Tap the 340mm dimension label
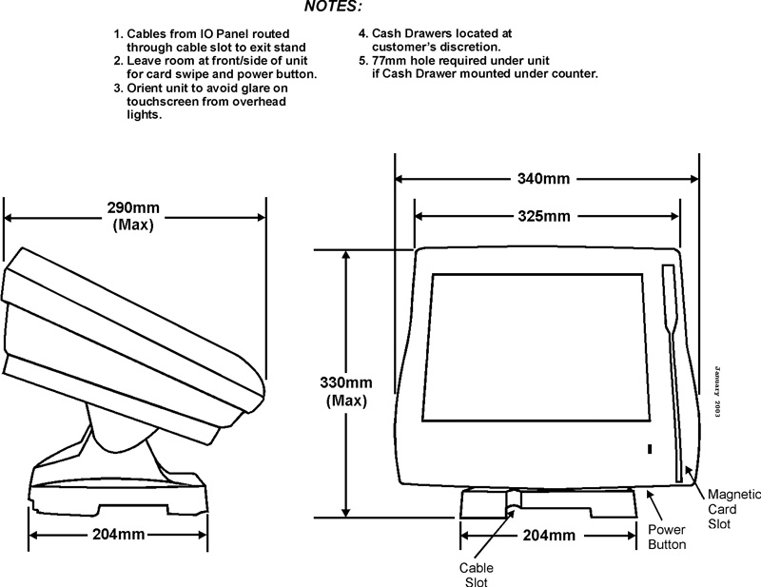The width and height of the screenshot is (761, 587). [537, 179]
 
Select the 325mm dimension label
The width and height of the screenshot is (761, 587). [538, 216]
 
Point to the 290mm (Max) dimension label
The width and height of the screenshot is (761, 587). [132, 216]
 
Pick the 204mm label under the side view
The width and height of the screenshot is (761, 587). [119, 534]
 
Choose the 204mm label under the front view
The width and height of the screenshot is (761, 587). [549, 535]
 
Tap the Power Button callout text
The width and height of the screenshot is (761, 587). [667, 537]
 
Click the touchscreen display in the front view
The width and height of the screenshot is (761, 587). [540, 348]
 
